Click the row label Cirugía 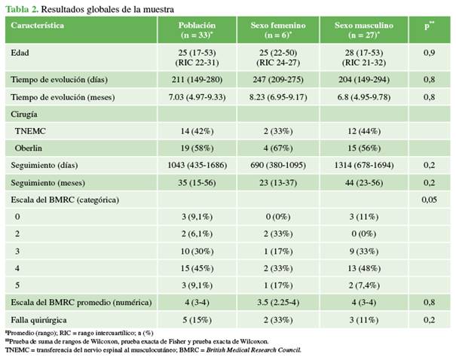(26, 114)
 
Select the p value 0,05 (428, 199)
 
